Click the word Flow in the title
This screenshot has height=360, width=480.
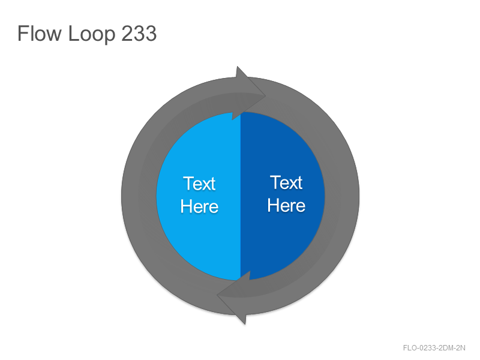point(40,33)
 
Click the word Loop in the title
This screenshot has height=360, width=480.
point(92,34)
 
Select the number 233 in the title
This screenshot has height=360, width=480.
point(139,33)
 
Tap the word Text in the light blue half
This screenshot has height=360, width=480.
point(199,184)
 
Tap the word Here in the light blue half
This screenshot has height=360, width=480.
point(199,206)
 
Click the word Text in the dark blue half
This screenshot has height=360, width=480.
point(286,183)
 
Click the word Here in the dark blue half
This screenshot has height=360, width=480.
point(286,205)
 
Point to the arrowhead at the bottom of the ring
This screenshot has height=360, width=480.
point(233,298)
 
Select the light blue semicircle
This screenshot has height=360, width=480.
point(199,196)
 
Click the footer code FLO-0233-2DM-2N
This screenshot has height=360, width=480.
point(434,348)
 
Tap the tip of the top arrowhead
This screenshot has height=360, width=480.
point(265,96)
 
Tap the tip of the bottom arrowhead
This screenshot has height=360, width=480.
point(217,295)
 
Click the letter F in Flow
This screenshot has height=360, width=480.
point(23,33)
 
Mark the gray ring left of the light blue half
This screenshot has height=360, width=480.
point(139,196)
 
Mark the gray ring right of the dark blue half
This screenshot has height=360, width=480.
point(342,196)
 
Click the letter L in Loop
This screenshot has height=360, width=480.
point(73,33)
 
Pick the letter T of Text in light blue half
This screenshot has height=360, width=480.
point(188,184)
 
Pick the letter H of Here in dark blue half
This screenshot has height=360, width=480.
point(273,205)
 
